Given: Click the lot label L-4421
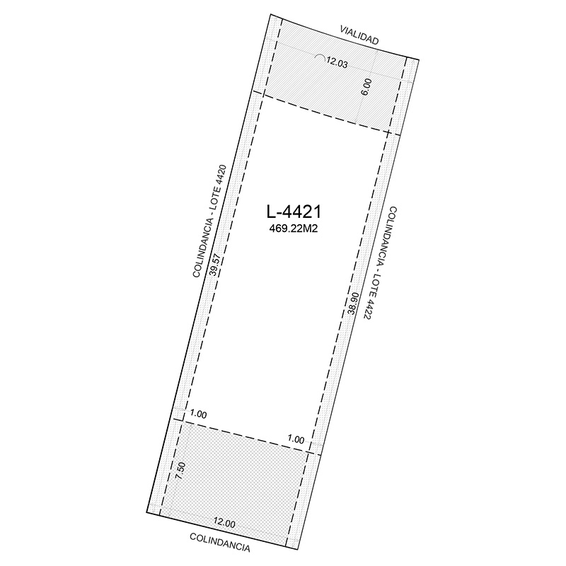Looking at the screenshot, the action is click(x=294, y=212).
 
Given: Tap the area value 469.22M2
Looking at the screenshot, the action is click(x=294, y=229).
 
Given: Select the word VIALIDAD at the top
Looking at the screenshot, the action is click(x=359, y=35).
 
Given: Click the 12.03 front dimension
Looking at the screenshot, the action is click(x=337, y=62).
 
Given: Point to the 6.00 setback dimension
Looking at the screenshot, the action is click(x=366, y=87).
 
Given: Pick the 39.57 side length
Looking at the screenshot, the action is click(x=215, y=265).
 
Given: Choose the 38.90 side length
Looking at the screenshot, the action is click(x=352, y=303).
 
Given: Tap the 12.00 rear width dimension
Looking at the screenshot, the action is click(x=224, y=523).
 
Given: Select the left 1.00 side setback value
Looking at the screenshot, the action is click(x=198, y=415).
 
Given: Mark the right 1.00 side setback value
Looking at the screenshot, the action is click(x=296, y=439).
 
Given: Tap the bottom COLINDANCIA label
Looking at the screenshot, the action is click(x=220, y=543).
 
